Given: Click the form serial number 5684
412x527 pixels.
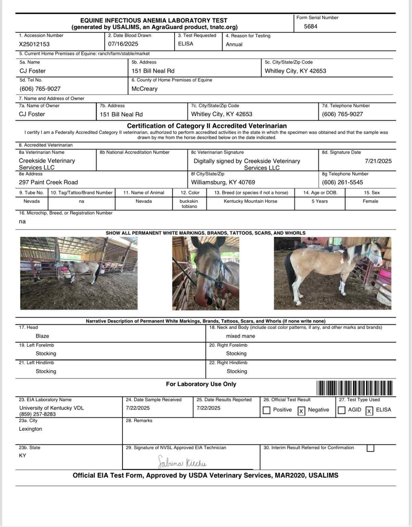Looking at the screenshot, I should tap(310, 26).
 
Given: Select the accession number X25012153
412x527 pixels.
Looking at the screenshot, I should tap(34, 44).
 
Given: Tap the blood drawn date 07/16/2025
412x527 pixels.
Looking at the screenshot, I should tap(123, 44).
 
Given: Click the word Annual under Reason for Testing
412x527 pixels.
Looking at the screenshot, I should tap(234, 45).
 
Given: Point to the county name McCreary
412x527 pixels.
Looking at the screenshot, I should tap(145, 89).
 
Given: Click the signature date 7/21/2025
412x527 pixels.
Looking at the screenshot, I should tap(378, 161).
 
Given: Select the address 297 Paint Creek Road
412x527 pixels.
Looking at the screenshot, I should tap(48, 182).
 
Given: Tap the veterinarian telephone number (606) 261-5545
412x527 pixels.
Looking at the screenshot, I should tap(342, 182).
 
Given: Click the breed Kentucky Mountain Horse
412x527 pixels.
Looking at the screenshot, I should tap(250, 201).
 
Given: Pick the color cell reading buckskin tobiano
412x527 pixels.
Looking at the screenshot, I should tap(189, 204).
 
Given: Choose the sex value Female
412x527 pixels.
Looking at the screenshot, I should tap(370, 201).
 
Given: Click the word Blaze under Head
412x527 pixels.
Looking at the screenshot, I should tap(42, 336).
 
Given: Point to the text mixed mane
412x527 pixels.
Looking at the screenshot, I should tap(240, 336).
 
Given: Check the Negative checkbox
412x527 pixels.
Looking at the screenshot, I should tap(301, 411).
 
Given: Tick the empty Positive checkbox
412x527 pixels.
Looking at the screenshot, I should tap(266, 410).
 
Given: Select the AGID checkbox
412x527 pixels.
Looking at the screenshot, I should tap(341, 410).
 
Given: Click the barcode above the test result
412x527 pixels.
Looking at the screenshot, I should tap(354, 388).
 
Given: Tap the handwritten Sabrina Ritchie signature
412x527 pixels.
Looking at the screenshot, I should tap(182, 463).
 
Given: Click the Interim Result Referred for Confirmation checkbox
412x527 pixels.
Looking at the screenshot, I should tap(370, 448).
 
